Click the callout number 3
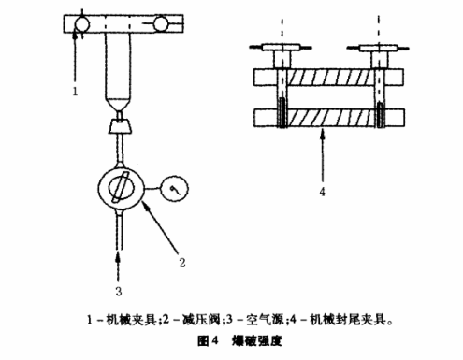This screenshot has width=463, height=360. point(117,277)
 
